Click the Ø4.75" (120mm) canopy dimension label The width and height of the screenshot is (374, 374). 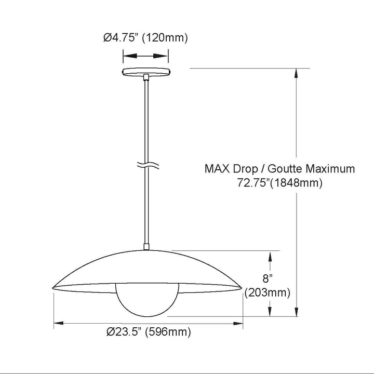[x=145, y=38]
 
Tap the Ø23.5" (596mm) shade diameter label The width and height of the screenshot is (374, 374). [x=149, y=332]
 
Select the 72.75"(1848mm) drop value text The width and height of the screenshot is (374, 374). [x=279, y=183]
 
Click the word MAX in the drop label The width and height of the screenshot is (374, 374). [x=217, y=169]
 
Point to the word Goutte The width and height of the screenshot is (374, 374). [x=285, y=169]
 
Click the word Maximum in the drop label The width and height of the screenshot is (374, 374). [x=330, y=169]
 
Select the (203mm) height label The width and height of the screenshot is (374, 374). [x=268, y=292]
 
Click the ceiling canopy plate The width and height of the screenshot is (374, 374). [x=146, y=72]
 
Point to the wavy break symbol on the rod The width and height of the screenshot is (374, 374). [x=148, y=165]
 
